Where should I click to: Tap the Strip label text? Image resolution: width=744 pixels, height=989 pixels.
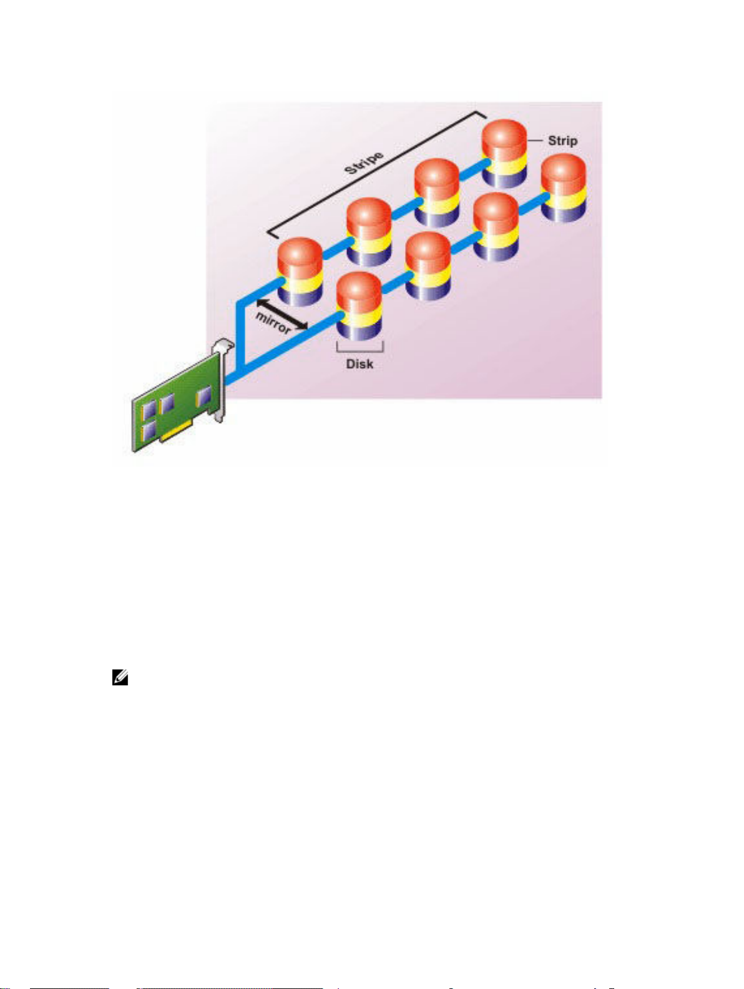click(x=562, y=141)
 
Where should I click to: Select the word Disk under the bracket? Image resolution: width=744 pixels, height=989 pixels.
click(x=360, y=364)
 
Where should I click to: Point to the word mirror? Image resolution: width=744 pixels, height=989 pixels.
click(x=273, y=322)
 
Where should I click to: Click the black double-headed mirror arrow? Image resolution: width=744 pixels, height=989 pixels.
click(x=282, y=313)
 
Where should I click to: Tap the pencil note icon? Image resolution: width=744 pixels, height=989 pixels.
click(x=120, y=677)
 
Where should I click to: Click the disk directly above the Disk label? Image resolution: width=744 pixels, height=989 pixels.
click(x=359, y=306)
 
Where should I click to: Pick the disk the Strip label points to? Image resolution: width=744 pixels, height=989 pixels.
click(x=504, y=153)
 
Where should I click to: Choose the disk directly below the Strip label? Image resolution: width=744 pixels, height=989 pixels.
click(x=563, y=187)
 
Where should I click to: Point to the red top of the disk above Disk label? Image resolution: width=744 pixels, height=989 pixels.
click(x=359, y=289)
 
